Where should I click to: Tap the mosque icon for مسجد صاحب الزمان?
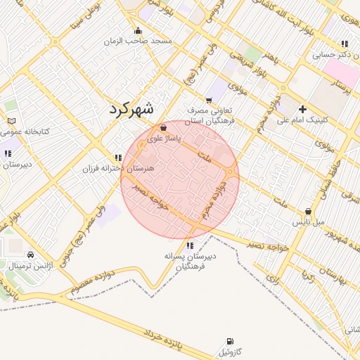click(x=139, y=30)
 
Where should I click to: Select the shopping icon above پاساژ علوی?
click(x=164, y=128)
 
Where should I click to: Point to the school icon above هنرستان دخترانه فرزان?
click(x=117, y=157)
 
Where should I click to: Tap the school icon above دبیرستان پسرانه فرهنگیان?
click(x=190, y=245)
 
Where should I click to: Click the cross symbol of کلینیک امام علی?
click(x=303, y=109)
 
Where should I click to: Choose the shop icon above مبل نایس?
click(x=309, y=211)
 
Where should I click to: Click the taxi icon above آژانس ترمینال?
click(x=30, y=255)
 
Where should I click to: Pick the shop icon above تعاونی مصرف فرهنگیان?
click(x=209, y=100)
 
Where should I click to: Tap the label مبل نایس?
click(x=309, y=222)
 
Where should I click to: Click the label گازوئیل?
click(x=229, y=350)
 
